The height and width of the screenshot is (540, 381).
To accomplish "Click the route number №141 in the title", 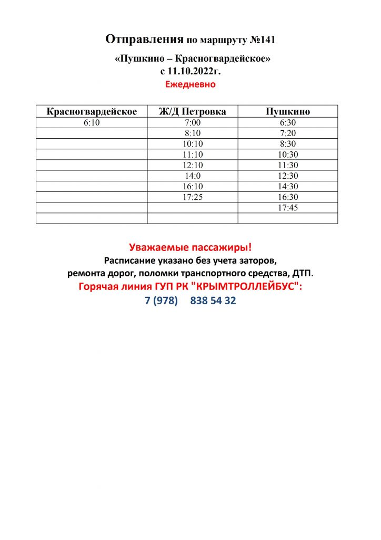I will (262, 40).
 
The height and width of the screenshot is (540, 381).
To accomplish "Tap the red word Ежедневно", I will (190, 84).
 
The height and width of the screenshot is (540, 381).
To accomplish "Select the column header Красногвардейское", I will (92, 112).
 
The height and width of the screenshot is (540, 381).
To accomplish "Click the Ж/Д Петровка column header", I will (193, 112).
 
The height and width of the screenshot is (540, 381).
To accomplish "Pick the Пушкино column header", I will (288, 112).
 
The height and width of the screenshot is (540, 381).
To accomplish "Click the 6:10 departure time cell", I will (92, 123).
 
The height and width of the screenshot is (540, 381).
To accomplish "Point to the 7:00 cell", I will (193, 123).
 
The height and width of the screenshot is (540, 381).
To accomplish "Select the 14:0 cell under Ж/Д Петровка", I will (193, 176).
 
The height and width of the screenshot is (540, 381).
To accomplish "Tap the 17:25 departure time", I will (193, 197).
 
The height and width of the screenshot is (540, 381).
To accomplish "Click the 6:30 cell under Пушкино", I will (288, 123).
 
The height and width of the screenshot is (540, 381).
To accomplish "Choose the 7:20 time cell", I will (288, 133).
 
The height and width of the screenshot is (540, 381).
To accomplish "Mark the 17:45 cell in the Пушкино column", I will (288, 208).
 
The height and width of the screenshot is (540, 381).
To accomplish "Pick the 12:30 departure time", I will (288, 176).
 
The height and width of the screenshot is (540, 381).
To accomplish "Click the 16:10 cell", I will (193, 187).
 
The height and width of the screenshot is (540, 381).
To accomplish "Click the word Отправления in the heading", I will (144, 40).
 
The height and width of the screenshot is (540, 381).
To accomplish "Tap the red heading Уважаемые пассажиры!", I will (190, 247).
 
